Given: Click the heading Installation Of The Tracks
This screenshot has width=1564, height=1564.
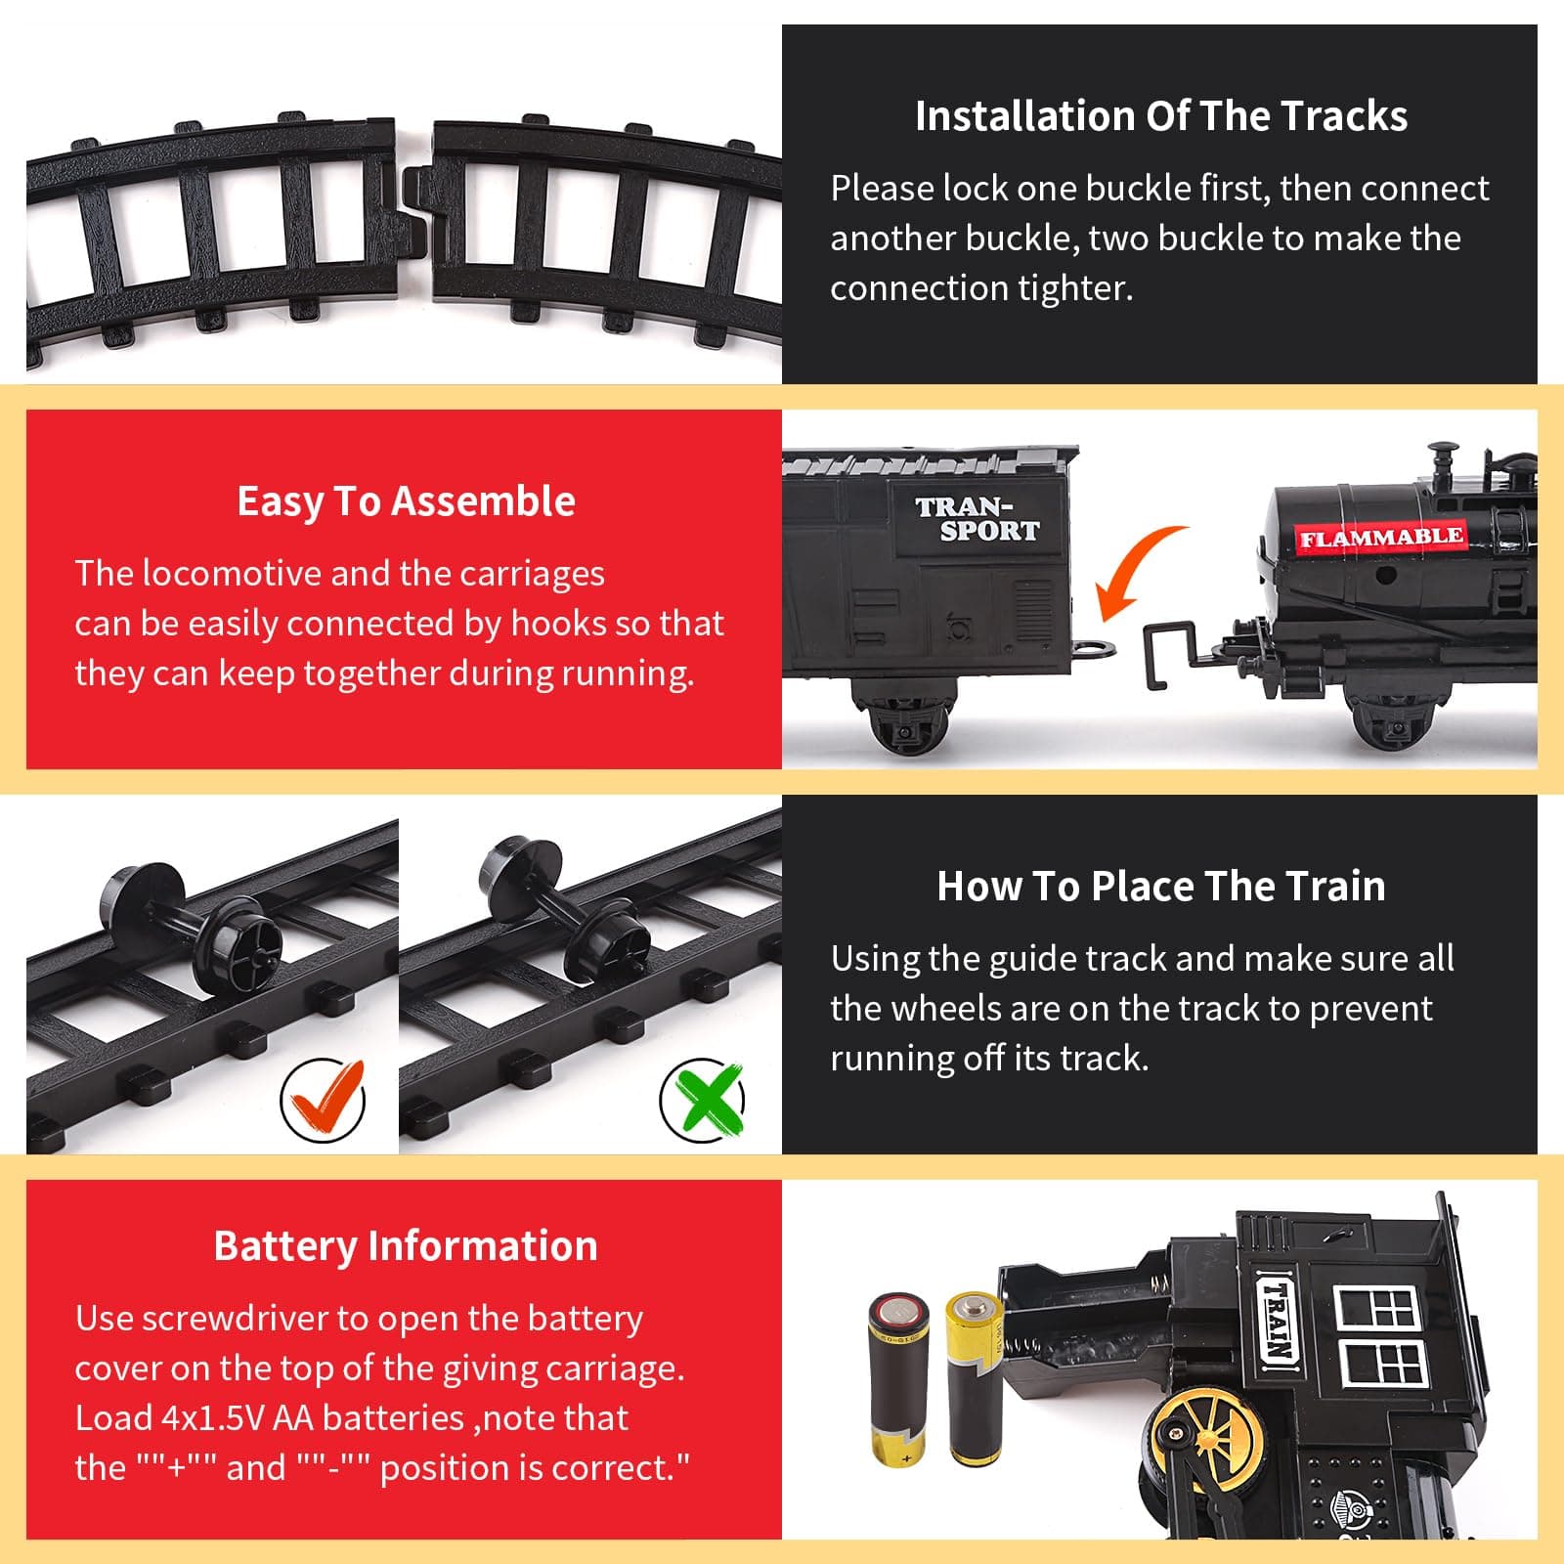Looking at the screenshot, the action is point(1161,115).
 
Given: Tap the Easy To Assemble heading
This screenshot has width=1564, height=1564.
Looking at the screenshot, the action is point(406,500).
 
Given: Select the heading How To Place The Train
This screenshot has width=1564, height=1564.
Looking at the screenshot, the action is point(1161,886).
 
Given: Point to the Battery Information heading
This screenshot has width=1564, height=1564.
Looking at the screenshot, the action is point(406,1246).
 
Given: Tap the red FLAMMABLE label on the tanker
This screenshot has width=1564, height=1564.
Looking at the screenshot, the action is point(1380,538).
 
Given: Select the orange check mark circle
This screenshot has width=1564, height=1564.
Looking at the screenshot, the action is point(323,1101).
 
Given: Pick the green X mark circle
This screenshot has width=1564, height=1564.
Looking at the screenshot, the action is point(702,1099).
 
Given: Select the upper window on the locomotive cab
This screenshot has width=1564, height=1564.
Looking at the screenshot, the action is point(1376,1308).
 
